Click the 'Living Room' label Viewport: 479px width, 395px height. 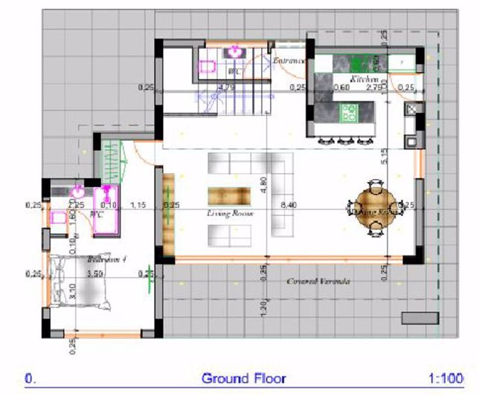(x=231, y=213)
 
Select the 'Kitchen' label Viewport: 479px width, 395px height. (x=365, y=79)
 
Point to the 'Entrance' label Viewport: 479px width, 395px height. (x=289, y=61)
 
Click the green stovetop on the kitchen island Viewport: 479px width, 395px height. (x=348, y=113)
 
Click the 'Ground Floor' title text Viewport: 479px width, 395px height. (x=243, y=378)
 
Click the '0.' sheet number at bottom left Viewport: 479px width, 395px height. (x=30, y=378)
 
